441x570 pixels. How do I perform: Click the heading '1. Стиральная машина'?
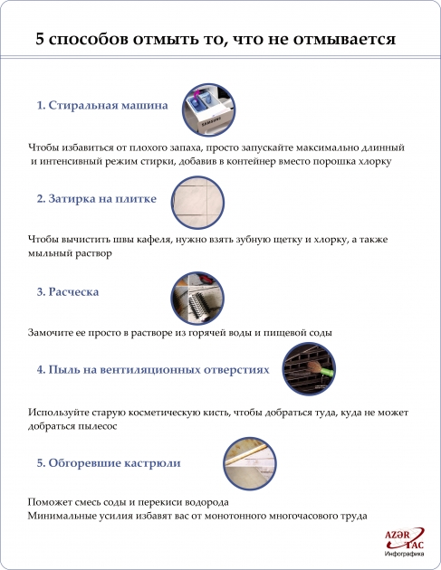(102, 105)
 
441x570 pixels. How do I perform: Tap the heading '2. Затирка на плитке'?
(96, 198)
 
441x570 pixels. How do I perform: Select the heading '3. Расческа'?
(68, 292)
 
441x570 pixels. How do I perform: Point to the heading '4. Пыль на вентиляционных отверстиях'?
(153, 370)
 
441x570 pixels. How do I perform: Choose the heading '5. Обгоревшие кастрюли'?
(108, 462)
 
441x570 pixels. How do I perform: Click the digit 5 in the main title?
(40, 40)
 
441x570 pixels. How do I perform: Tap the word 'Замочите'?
(53, 332)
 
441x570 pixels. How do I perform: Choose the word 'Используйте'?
(60, 411)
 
